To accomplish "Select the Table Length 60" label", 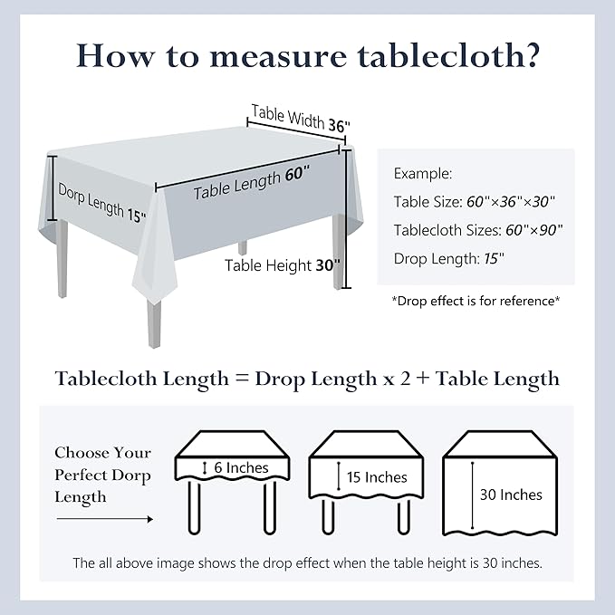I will pos(251,181).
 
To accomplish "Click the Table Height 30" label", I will pos(282,265).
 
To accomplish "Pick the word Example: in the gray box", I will pos(423,173).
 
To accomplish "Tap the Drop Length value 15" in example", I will pos(494,258).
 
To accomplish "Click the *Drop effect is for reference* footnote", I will pos(476,300).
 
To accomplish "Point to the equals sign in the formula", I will pos(242,379).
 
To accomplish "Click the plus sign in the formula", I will pos(423,379).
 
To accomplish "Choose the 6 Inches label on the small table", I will pos(241,468).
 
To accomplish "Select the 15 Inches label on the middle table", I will pos(376,477).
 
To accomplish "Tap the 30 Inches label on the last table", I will pos(511,495).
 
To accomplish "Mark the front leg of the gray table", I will pos(154,322).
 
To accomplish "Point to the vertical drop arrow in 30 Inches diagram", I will pos(472,495).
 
